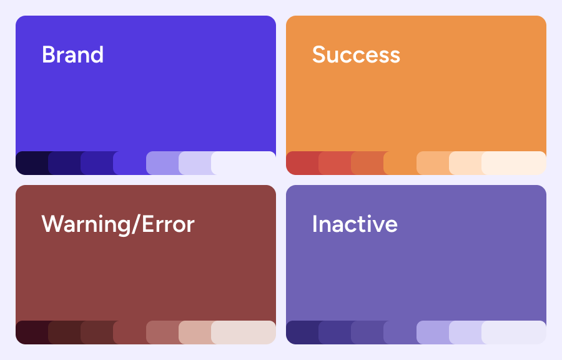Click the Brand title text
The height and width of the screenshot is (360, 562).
pyautogui.click(x=73, y=54)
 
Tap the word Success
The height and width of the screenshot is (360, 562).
pyautogui.click(x=356, y=54)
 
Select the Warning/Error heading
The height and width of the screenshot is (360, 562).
pyautogui.click(x=118, y=224)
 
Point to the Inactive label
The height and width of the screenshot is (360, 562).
pyautogui.click(x=355, y=224)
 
